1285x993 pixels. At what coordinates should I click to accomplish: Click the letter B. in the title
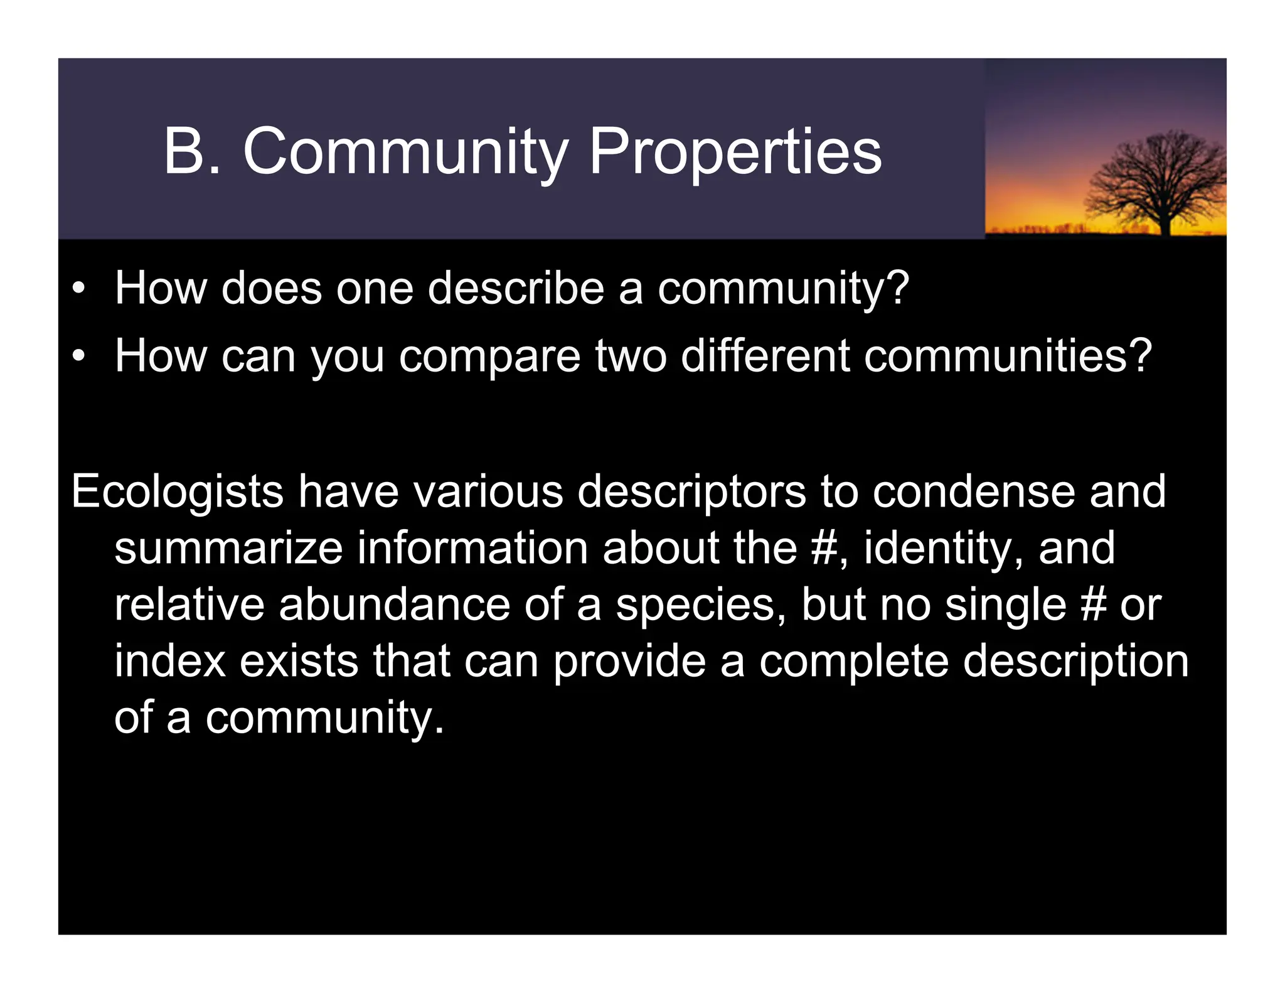[191, 151]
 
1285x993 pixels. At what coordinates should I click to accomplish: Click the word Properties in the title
[735, 153]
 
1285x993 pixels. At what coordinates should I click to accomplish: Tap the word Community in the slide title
[405, 153]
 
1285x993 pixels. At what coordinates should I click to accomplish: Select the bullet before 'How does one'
[78, 289]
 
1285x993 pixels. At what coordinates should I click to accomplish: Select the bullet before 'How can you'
[78, 357]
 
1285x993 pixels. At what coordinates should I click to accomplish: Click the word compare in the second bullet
[489, 357]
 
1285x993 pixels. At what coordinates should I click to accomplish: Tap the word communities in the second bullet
[998, 355]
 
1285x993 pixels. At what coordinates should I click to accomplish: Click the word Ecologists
[178, 491]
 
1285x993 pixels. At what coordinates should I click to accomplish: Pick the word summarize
[228, 548]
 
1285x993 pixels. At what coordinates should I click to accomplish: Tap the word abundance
[394, 604]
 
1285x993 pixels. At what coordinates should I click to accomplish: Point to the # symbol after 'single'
[1094, 604]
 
